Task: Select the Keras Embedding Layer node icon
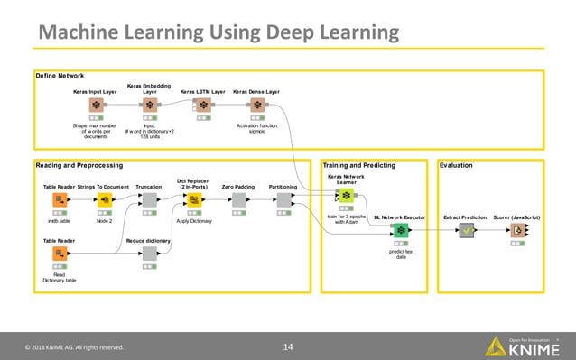click(150, 106)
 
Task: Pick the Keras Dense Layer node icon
click(255, 106)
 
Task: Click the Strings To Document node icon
click(105, 200)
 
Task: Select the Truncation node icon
click(149, 200)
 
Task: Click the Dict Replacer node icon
click(193, 200)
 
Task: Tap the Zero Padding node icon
click(238, 200)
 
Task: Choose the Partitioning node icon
click(283, 200)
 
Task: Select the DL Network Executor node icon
click(400, 230)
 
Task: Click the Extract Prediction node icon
click(467, 230)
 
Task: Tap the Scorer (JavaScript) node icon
click(517, 230)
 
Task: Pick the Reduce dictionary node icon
click(149, 254)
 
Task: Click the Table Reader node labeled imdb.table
click(60, 200)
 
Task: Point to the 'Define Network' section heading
click(60, 75)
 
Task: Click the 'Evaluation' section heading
click(457, 166)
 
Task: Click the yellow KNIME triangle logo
click(496, 346)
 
